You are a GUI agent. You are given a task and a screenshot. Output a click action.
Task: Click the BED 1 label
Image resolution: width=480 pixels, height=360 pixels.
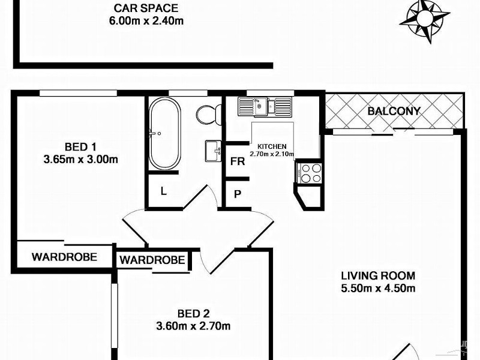tap(80, 146)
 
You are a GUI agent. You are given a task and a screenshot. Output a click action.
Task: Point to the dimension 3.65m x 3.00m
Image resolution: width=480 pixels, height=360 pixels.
tap(80, 160)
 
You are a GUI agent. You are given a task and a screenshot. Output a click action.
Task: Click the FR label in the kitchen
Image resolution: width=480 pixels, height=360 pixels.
tap(237, 162)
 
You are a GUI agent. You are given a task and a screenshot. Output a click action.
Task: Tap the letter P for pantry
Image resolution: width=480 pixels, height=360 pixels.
tap(237, 194)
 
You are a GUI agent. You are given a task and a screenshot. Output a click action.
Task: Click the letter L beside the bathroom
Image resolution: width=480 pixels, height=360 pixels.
tap(163, 191)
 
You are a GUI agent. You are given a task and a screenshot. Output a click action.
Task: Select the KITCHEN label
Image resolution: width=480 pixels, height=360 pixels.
tap(272, 146)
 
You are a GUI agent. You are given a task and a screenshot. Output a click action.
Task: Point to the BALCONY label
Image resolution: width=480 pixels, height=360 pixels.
tap(394, 111)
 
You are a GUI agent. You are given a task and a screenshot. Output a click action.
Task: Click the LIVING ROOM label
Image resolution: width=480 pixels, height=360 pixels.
tap(378, 276)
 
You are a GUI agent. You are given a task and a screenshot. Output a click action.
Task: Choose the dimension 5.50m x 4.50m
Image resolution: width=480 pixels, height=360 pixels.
tap(378, 289)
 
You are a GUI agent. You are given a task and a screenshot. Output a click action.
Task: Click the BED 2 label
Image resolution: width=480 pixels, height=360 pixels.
tap(194, 313)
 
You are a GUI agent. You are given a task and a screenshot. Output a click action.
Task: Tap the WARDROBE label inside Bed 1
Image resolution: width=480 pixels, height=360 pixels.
tap(64, 257)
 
